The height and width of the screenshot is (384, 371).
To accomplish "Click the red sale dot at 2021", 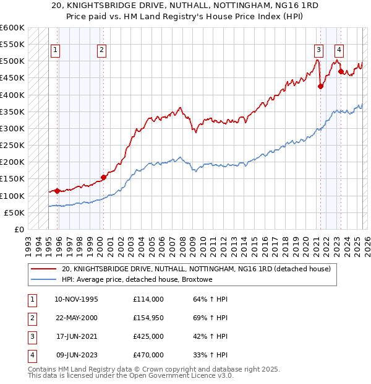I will [x=320, y=87].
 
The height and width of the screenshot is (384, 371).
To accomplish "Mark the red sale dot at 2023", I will [x=341, y=72].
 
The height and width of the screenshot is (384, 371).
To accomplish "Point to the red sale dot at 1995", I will [x=57, y=191].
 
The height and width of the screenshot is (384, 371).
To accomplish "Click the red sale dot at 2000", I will [x=103, y=177].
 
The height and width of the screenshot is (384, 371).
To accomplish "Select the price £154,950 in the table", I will [x=148, y=318].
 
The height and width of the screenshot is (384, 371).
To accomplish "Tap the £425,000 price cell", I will [x=148, y=337].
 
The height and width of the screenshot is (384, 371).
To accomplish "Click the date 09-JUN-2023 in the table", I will [x=76, y=356].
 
